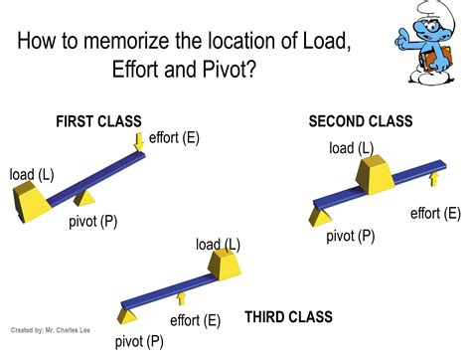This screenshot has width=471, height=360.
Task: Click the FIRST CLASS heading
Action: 98,121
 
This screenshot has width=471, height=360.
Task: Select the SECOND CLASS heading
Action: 360,121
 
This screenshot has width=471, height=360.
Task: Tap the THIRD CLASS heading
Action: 288,318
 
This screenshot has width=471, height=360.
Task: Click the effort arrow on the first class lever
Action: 139,144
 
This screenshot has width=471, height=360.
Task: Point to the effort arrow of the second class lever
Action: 432,179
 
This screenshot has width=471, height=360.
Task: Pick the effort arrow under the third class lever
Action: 181,297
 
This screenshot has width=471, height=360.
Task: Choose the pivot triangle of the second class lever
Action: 320,216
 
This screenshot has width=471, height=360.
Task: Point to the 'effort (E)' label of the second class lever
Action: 435,213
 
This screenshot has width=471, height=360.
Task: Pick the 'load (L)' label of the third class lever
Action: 218,244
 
